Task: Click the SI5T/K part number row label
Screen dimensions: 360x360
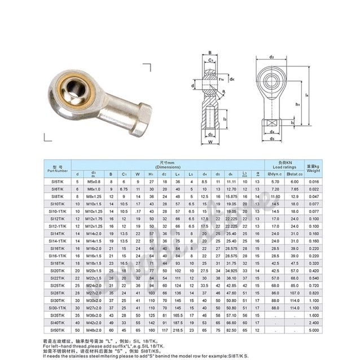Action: [57, 181]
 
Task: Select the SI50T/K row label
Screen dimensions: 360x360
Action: [57, 328]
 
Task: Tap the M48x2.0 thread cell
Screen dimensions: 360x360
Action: [94, 328]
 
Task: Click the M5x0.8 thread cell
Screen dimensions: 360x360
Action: [94, 181]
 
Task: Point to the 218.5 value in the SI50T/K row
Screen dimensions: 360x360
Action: [178, 328]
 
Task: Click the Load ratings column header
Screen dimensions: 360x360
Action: [284, 167]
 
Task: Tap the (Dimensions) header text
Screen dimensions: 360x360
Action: [168, 168]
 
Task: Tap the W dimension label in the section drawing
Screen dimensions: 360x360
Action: [209, 142]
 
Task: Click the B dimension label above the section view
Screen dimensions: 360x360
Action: [209, 52]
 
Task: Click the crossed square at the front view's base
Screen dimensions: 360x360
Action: [271, 122]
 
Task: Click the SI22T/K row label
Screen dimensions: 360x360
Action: [57, 278]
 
